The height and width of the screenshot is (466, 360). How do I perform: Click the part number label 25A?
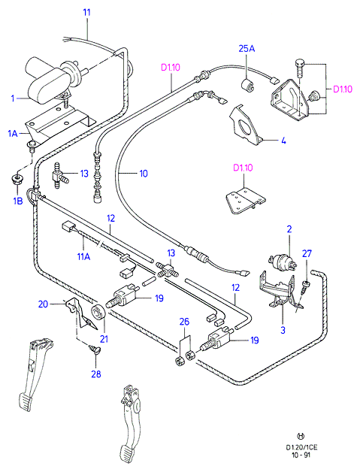click(247, 48)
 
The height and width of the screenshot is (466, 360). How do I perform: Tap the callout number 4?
click(283, 141)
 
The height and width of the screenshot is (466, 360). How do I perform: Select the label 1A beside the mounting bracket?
click(13, 134)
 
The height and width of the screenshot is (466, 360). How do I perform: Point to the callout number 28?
click(96, 374)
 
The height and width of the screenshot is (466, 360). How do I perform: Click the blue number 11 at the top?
click(86, 13)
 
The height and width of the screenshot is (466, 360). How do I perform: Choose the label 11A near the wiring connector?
click(83, 256)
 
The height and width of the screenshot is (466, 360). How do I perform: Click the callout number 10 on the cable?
click(144, 174)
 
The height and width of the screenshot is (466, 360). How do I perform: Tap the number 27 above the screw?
click(307, 253)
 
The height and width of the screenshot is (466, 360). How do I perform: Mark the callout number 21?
click(104, 339)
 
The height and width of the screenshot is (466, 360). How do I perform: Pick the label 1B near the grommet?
click(18, 201)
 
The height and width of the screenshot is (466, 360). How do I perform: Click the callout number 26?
click(184, 322)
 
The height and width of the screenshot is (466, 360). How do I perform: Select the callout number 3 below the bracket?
click(283, 330)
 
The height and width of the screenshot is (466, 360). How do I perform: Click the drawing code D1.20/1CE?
click(301, 447)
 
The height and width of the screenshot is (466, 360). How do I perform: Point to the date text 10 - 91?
click(301, 455)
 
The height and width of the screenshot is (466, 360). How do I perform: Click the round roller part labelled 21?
click(98, 313)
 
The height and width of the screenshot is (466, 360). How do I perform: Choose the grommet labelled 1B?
click(17, 179)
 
